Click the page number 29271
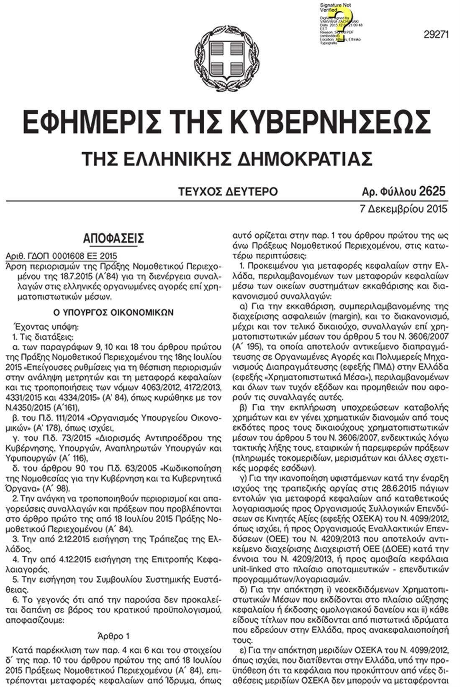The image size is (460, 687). click(436, 35)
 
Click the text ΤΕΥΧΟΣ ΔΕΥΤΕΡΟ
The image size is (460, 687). click(228, 192)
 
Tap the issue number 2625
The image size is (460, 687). click(432, 192)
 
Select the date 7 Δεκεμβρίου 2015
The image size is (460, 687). click(403, 208)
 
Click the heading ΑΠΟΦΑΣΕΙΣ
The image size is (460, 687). click(113, 238)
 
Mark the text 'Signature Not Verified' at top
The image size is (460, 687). click(335, 7)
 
